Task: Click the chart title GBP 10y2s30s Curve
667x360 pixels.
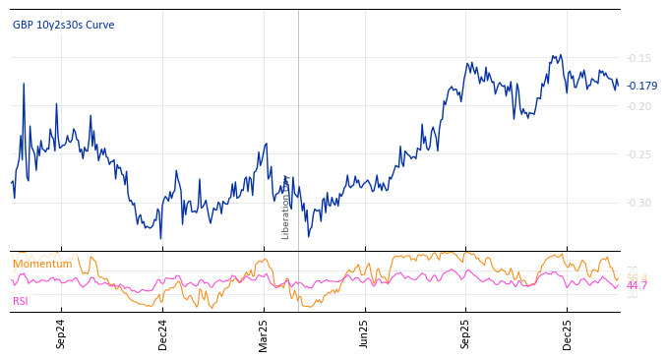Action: click(x=63, y=25)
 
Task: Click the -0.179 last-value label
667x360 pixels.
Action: click(x=642, y=86)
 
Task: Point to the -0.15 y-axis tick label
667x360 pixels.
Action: click(x=639, y=58)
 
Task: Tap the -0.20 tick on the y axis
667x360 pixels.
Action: click(x=639, y=106)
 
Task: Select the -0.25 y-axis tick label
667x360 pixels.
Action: click(x=639, y=154)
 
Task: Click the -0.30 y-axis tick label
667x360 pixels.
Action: click(x=639, y=203)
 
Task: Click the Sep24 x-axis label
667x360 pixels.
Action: click(x=61, y=333)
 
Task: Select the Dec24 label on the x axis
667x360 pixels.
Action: click(x=162, y=333)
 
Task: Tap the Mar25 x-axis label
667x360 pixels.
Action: click(x=264, y=333)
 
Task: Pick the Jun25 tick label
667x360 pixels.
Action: click(x=364, y=333)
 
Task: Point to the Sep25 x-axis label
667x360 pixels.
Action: click(x=466, y=333)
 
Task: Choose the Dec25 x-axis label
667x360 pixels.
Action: click(x=568, y=333)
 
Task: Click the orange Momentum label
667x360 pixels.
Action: click(x=42, y=264)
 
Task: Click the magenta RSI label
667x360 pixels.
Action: click(x=21, y=301)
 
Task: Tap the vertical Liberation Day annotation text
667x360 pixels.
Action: click(x=286, y=207)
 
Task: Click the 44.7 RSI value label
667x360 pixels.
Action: click(x=637, y=285)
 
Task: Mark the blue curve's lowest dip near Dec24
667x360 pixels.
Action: click(x=160, y=238)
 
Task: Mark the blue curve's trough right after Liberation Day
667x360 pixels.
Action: click(x=308, y=236)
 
